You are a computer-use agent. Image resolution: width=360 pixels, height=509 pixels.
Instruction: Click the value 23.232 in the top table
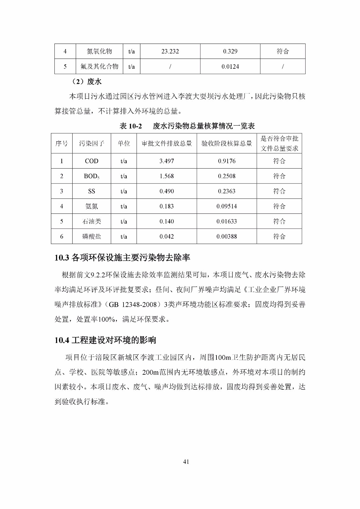tap(170, 52)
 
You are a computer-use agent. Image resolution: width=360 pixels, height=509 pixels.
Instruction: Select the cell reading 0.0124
tap(230, 67)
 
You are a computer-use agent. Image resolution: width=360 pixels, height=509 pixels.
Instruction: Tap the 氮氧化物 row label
tap(99, 52)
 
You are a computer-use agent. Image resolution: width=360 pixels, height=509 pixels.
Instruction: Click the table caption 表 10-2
tap(131, 126)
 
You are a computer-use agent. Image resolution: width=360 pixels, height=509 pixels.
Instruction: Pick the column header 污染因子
tap(92, 143)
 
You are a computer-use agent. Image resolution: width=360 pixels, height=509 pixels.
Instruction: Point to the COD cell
tap(92, 161)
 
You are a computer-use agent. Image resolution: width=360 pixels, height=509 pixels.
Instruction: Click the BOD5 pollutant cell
tap(92, 176)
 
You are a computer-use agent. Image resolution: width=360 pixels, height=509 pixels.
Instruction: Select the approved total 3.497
tap(166, 161)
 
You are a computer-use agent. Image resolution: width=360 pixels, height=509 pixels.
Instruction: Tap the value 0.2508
tap(227, 176)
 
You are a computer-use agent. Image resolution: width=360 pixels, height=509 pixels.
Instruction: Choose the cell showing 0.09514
tap(227, 206)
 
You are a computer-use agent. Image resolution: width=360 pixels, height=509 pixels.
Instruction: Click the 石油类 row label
tap(92, 221)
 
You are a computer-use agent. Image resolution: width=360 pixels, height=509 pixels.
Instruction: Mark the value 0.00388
tap(227, 237)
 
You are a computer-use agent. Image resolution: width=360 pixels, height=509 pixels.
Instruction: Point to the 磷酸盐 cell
tap(92, 237)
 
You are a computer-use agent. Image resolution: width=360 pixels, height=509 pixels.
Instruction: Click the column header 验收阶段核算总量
tap(227, 143)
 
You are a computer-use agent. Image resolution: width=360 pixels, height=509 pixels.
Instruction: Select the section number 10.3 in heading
tap(62, 258)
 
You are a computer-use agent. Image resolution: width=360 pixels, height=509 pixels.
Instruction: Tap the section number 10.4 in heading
tap(62, 340)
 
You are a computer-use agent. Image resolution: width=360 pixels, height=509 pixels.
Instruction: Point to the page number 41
tap(186, 462)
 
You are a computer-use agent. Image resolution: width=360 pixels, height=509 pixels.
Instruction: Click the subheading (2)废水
tap(87, 82)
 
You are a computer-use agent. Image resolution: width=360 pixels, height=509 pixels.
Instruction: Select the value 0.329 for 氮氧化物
tap(230, 52)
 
